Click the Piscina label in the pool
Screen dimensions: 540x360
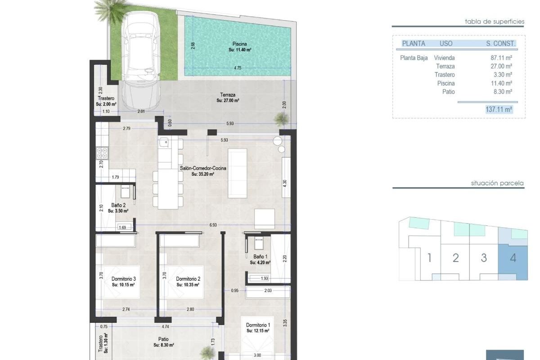point(239,44)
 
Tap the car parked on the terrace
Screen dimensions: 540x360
point(141,60)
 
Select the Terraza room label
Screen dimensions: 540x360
point(228,95)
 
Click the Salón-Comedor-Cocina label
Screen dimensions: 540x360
point(203,168)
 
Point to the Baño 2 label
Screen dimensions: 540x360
point(118,205)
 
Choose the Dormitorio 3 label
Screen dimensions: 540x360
point(123,279)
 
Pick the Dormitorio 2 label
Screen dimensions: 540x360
point(188,279)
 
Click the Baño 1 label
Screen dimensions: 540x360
point(260,257)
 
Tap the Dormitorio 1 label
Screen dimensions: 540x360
point(258,325)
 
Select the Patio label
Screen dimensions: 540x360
point(163,339)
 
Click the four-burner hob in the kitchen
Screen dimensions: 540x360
point(102,153)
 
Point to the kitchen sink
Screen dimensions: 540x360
point(165,143)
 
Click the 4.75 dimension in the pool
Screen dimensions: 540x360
point(238,68)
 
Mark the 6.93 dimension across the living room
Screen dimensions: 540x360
point(213,225)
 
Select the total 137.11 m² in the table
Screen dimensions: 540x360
point(499,109)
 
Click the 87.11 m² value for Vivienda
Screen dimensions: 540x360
point(501,58)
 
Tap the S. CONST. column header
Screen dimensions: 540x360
point(500,44)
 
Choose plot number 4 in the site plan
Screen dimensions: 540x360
point(513,258)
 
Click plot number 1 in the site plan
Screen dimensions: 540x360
point(429,258)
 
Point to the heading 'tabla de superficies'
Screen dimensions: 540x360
point(495,22)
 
